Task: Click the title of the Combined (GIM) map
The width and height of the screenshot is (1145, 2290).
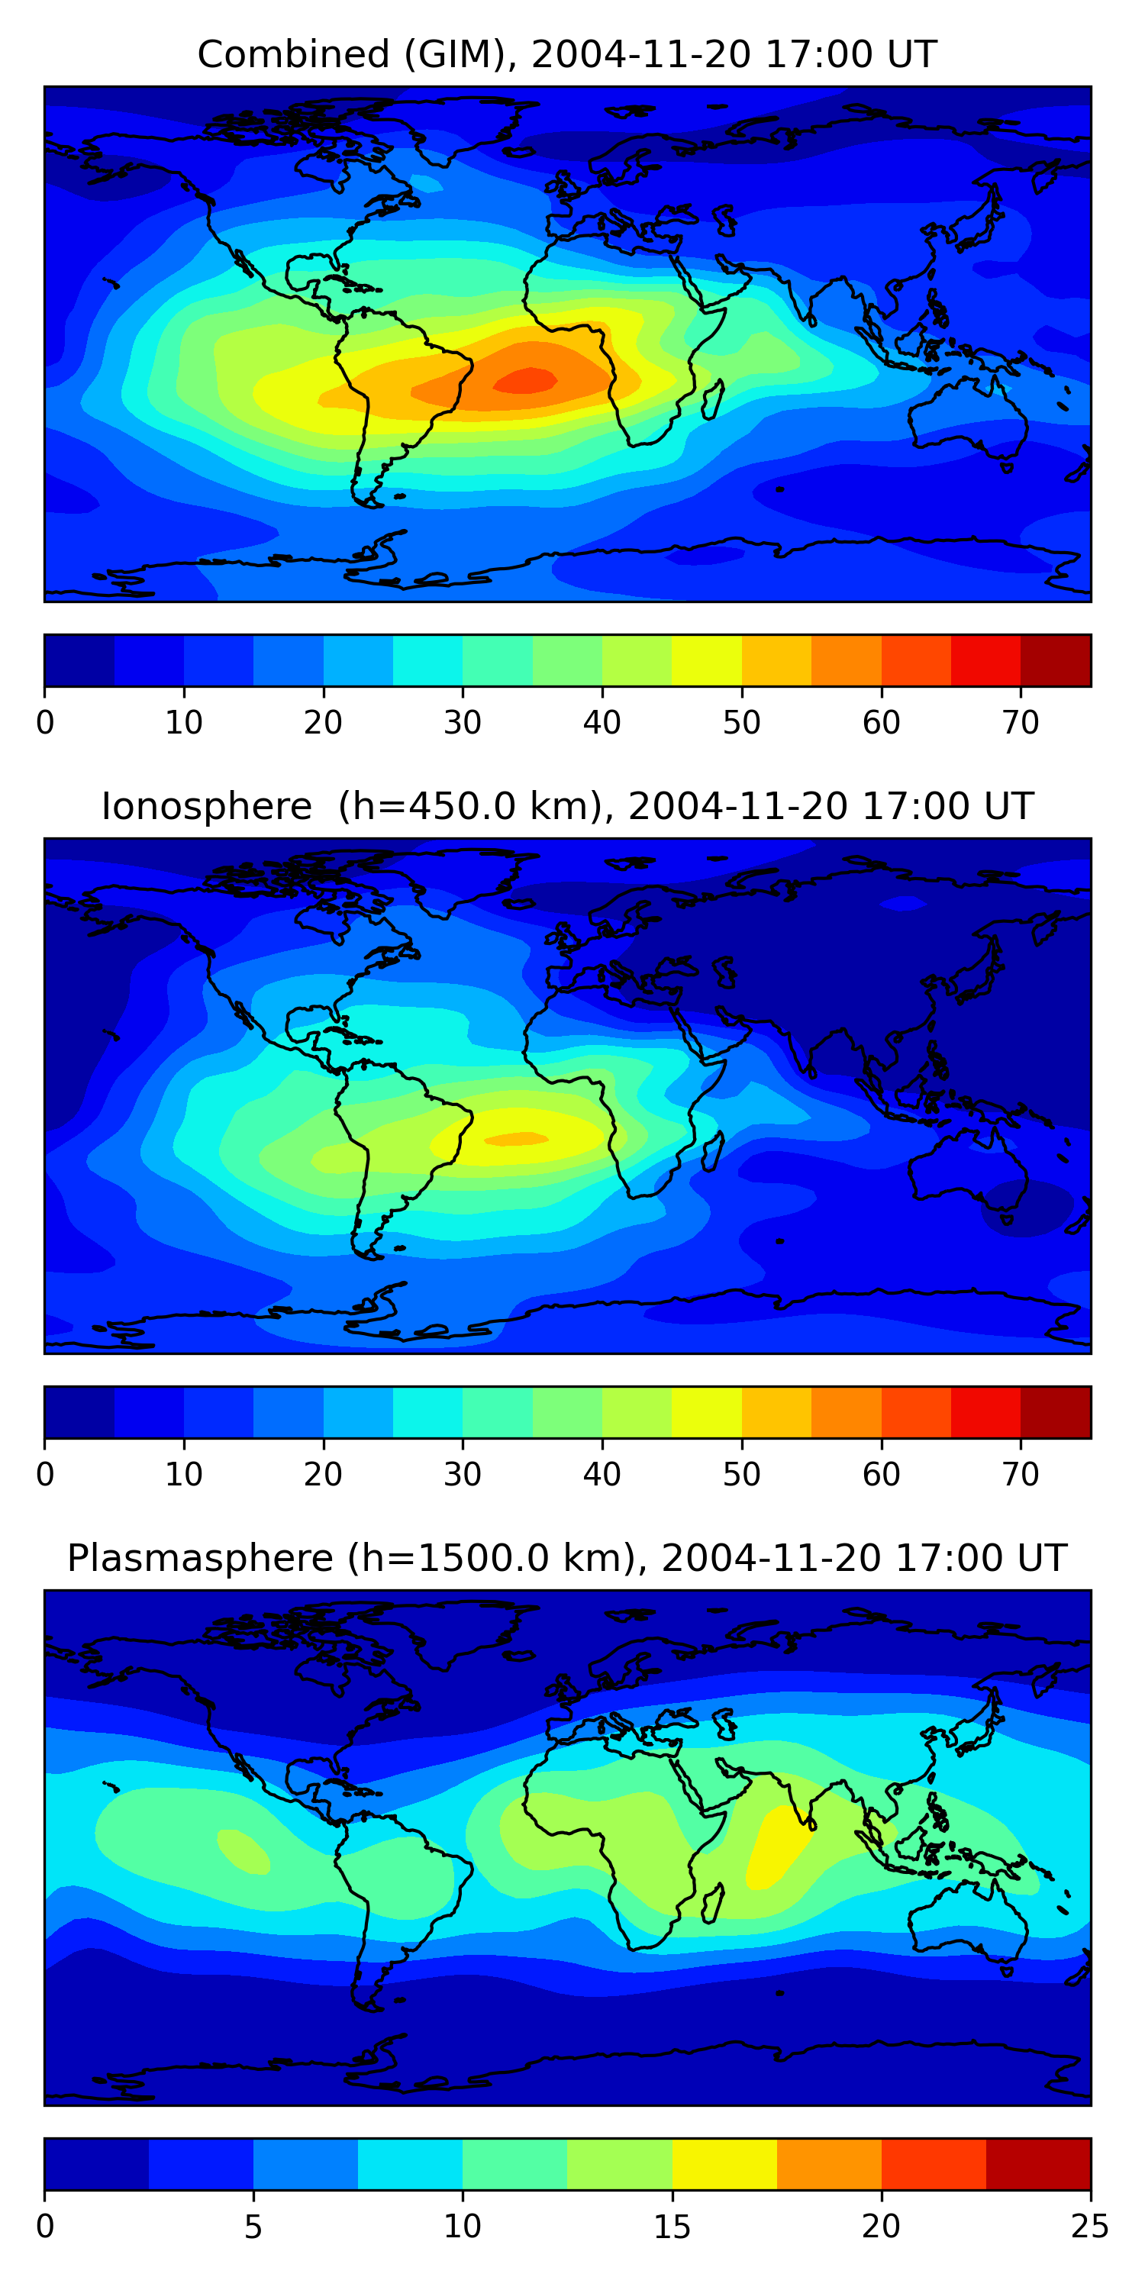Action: pyautogui.click(x=567, y=54)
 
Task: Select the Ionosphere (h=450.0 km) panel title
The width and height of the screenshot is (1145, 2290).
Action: pyautogui.click(x=567, y=806)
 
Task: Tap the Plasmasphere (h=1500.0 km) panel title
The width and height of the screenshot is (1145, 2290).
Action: pyautogui.click(x=567, y=1559)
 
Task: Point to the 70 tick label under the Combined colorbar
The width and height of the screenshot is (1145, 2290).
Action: pyautogui.click(x=1021, y=723)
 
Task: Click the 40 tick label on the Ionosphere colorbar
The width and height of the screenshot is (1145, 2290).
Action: pyautogui.click(x=602, y=1475)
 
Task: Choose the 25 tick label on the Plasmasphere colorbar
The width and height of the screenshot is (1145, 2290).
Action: pyautogui.click(x=1090, y=2227)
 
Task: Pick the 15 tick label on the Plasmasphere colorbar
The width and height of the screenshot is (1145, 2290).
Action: pyautogui.click(x=672, y=2227)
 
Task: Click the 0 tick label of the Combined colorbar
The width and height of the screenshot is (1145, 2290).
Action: pyautogui.click(x=45, y=723)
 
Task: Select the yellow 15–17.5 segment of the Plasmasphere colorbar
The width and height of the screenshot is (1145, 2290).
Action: pyautogui.click(x=724, y=2165)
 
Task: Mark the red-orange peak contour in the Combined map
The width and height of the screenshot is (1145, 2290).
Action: pyautogui.click(x=526, y=379)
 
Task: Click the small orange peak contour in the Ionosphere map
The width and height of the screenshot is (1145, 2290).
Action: pyautogui.click(x=515, y=1139)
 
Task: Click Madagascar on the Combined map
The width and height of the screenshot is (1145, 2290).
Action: pyautogui.click(x=713, y=400)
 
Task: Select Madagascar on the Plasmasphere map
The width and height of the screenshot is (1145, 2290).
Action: pyautogui.click(x=713, y=1905)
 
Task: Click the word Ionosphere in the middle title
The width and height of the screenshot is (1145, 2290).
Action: pyautogui.click(x=206, y=806)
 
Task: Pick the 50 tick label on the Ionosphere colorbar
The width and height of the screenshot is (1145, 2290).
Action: pyautogui.click(x=741, y=1475)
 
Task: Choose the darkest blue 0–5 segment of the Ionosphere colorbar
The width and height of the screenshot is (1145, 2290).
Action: pyautogui.click(x=80, y=1413)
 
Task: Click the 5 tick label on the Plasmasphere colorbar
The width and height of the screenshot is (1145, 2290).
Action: pyautogui.click(x=253, y=2227)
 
